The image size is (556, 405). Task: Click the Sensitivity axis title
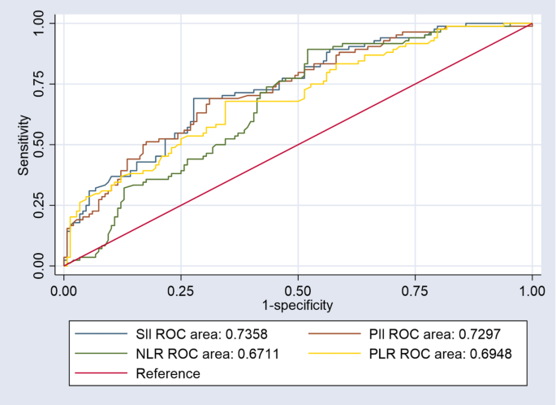tap(24, 145)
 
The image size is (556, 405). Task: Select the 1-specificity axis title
tap(298, 305)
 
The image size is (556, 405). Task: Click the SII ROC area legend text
tap(192, 333)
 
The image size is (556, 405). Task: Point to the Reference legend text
tap(167, 373)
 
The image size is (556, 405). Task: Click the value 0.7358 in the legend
tap(235, 333)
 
